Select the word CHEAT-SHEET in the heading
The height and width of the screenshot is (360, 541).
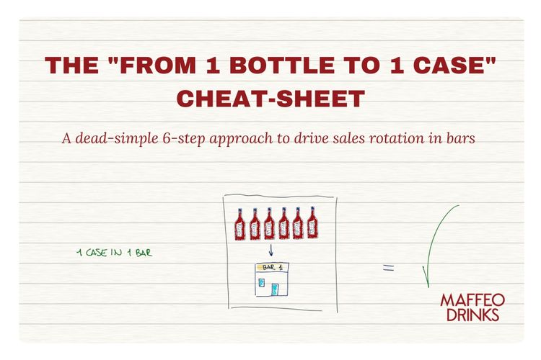270,99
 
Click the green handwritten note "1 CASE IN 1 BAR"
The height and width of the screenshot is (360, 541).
114,253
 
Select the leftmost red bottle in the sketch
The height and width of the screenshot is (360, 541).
241,224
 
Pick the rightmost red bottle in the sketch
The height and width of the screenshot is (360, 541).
312,224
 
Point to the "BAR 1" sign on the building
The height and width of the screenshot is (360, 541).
272,267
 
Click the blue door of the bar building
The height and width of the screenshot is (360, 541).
275,289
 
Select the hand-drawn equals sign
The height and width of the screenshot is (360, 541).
388,269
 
